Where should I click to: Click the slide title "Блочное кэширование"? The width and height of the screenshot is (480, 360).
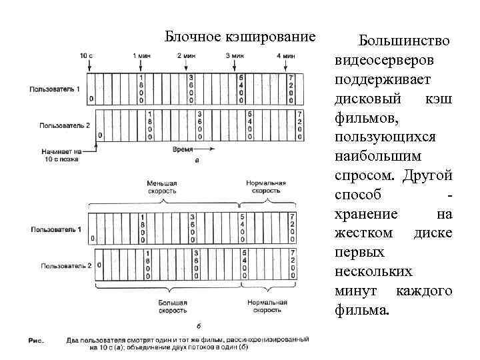pyautogui.click(x=239, y=35)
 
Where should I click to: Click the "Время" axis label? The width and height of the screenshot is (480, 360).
pyautogui.click(x=185, y=151)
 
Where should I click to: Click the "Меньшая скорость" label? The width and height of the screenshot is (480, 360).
pyautogui.click(x=163, y=187)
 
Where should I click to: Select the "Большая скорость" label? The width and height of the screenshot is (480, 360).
pyautogui.click(x=173, y=306)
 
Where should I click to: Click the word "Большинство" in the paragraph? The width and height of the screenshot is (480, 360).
pyautogui.click(x=403, y=41)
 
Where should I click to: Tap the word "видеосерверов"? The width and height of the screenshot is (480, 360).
pyautogui.click(x=385, y=61)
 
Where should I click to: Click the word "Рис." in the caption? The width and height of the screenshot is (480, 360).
pyautogui.click(x=36, y=341)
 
